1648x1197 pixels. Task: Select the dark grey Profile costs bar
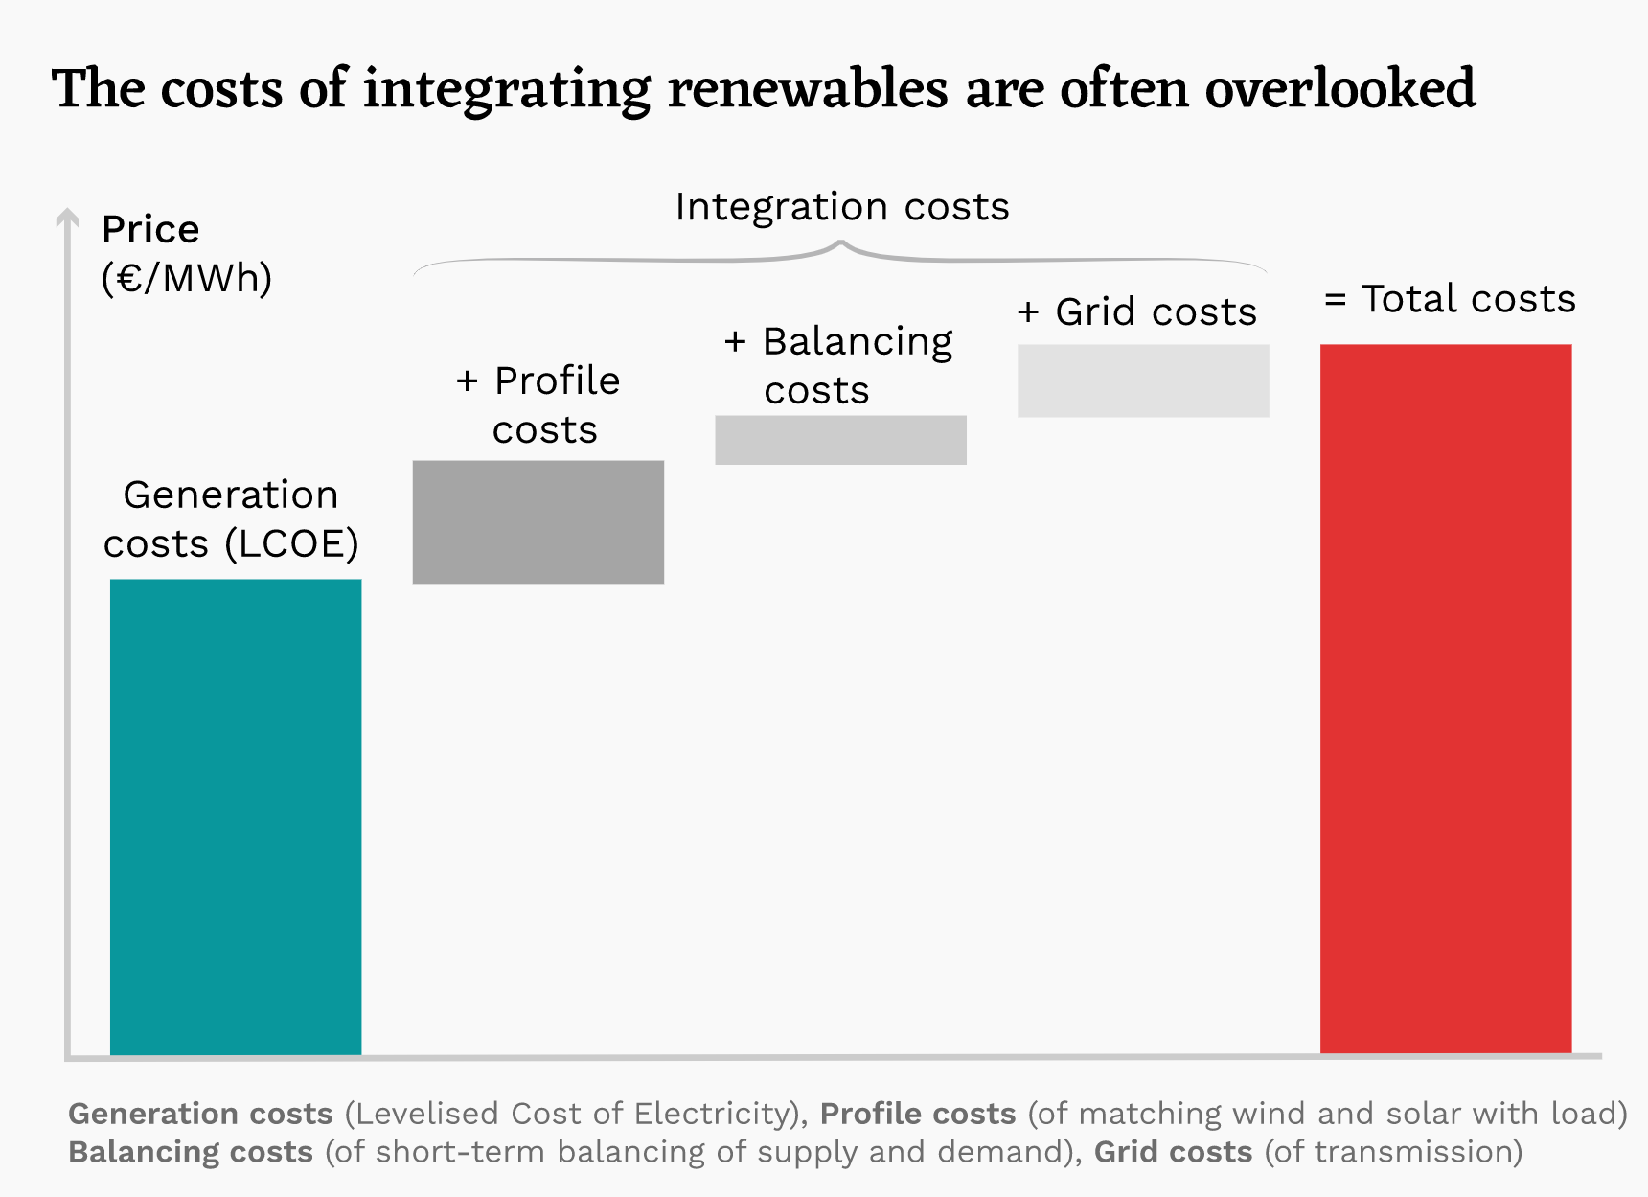(538, 522)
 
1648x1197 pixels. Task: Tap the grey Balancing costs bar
(840, 440)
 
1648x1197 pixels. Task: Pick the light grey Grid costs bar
(1143, 380)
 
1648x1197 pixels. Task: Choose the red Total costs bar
(1446, 699)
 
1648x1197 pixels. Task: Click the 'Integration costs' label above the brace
(842, 207)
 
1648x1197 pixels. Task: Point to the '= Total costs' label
(1450, 299)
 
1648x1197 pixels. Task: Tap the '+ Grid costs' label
(1137, 312)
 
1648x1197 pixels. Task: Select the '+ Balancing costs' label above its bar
(838, 365)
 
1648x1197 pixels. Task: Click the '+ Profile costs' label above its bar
(538, 405)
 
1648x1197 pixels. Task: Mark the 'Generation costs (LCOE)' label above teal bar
(231, 519)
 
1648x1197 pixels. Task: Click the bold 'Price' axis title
(150, 230)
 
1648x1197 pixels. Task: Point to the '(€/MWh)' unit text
(187, 278)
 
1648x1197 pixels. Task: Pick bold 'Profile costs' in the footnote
(918, 1114)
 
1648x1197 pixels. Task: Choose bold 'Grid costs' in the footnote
(1173, 1152)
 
